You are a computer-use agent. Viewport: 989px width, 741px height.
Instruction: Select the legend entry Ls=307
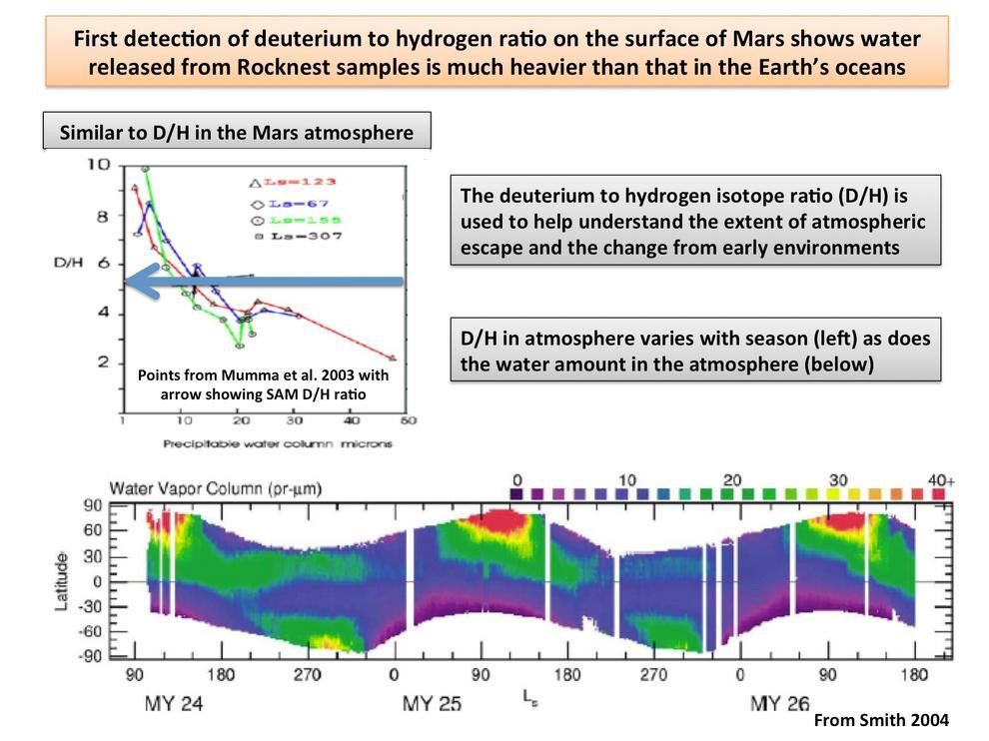(309, 236)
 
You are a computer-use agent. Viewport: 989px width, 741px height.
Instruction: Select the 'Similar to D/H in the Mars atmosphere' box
(237, 132)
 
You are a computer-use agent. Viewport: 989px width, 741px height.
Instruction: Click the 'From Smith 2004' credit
(881, 720)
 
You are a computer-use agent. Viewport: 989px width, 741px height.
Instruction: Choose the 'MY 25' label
(432, 703)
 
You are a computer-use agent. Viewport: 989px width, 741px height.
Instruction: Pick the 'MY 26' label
(780, 703)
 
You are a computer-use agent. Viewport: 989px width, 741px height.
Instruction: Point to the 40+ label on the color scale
(941, 480)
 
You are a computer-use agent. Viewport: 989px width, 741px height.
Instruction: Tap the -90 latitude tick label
(91, 656)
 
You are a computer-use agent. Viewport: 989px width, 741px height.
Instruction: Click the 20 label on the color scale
(731, 480)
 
